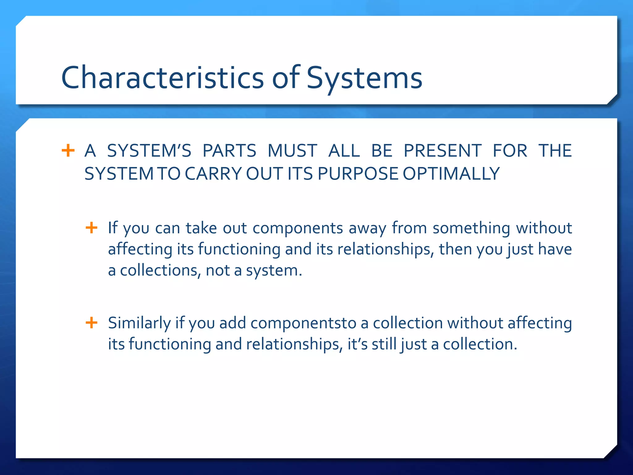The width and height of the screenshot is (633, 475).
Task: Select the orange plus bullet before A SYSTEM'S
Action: click(68, 151)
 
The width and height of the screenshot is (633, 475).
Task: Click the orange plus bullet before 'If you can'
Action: click(91, 228)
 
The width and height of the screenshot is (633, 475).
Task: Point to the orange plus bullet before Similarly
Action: click(91, 323)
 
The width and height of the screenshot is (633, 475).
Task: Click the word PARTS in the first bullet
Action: click(229, 151)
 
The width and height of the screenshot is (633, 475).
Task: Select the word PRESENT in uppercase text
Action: click(443, 151)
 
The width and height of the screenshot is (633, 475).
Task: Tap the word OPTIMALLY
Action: click(451, 173)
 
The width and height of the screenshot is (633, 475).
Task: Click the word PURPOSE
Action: click(359, 173)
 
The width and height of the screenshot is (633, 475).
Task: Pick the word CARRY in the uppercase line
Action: click(213, 173)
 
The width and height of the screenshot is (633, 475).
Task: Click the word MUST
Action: click(292, 151)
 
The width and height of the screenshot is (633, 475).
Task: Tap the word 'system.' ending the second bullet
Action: click(274, 271)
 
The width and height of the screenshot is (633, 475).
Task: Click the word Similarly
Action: click(139, 323)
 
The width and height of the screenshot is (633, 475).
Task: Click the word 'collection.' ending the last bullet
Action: click(480, 344)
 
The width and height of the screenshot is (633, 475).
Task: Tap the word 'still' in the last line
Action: click(384, 344)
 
